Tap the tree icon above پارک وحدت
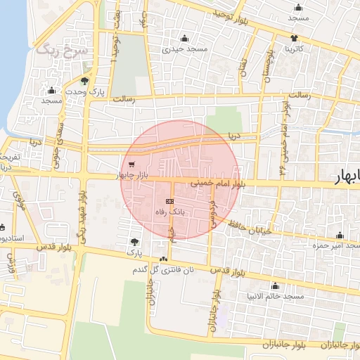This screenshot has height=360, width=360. click(85, 80)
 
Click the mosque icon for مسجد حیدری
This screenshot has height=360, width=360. click(184, 38)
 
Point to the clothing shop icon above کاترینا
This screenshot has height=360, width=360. click(293, 38)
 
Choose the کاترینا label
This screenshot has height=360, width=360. click(290, 49)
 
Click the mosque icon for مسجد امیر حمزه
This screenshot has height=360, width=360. click(340, 236)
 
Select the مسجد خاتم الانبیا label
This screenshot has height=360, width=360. click(274, 297)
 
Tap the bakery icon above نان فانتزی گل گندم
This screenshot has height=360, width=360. click(164, 259)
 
